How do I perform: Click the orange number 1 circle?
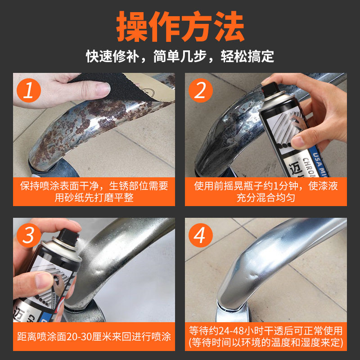tap(29, 90)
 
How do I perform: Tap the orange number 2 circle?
tap(201, 90)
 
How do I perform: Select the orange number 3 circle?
tap(29, 235)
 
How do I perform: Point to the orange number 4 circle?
tap(201, 235)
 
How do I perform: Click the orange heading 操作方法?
tap(180, 27)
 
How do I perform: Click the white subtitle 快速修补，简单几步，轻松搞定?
tap(180, 56)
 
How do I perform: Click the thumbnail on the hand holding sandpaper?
tap(103, 89)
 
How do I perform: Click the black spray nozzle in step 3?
tap(68, 237)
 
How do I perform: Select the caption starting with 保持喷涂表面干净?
tap(94, 192)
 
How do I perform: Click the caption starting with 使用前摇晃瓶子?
tap(266, 192)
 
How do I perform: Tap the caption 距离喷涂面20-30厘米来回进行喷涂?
tap(94, 337)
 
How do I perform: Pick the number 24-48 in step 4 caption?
tap(231, 331)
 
